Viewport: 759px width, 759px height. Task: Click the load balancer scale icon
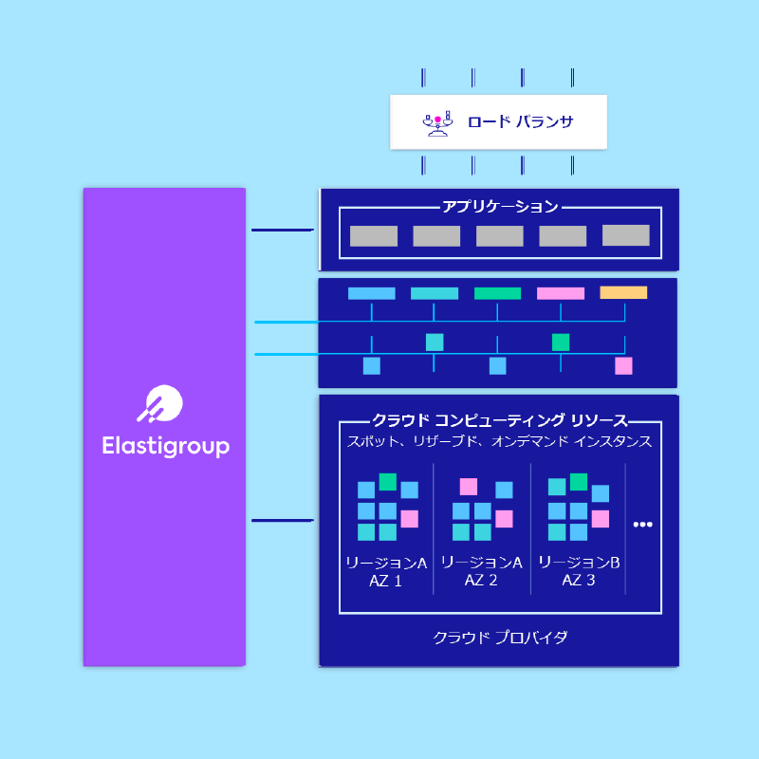click(x=437, y=124)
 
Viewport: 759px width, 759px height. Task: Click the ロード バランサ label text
click(x=520, y=121)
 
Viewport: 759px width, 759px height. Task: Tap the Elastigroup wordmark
click(x=165, y=446)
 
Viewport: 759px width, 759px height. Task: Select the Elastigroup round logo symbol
click(x=160, y=404)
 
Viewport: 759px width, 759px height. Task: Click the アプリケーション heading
click(x=501, y=207)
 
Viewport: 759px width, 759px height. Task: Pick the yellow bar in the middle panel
click(x=623, y=292)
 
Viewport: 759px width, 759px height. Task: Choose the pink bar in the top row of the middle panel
click(x=561, y=293)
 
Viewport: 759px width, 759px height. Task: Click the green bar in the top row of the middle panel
click(x=497, y=293)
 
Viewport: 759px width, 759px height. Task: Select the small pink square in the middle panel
click(x=623, y=366)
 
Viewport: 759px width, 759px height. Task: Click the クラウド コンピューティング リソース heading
click(x=500, y=420)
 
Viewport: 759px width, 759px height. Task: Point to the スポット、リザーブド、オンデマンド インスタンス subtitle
click(x=500, y=441)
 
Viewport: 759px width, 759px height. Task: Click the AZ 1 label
click(x=385, y=581)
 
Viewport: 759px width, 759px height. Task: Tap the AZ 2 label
click(x=481, y=580)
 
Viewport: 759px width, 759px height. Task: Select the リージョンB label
click(x=579, y=562)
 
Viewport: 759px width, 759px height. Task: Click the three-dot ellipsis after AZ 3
click(x=643, y=525)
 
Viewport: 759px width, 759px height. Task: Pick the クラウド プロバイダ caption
click(x=500, y=637)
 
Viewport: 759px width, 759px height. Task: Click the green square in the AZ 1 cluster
click(x=388, y=482)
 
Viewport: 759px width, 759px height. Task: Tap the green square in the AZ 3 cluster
click(x=579, y=482)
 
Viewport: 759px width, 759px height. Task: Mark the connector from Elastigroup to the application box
click(x=283, y=230)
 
